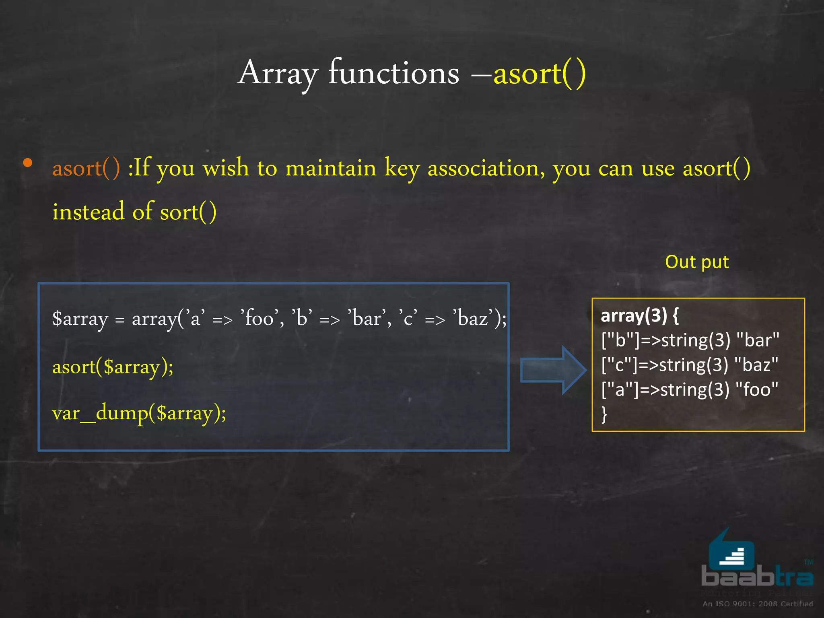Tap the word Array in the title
click(278, 74)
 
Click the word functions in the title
click(393, 74)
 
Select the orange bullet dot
click(27, 163)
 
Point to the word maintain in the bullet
click(331, 168)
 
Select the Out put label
click(697, 262)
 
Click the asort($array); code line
click(113, 367)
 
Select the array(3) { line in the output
click(639, 316)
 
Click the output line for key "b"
click(690, 340)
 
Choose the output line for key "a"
click(690, 389)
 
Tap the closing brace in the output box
click(604, 414)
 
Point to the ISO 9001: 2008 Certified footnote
click(758, 604)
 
